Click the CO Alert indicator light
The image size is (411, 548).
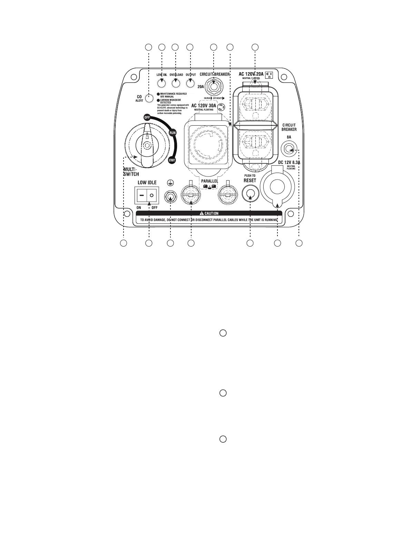click(149, 98)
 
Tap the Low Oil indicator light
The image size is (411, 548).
click(162, 83)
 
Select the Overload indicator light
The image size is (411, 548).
click(176, 83)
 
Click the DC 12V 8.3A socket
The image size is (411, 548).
click(278, 187)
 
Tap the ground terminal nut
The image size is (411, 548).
click(170, 196)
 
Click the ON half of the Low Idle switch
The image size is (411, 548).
click(142, 195)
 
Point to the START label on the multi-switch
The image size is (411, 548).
click(172, 160)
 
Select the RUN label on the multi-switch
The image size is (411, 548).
click(173, 132)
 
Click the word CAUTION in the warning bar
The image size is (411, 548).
click(212, 213)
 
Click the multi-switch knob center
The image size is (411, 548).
click(147, 146)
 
